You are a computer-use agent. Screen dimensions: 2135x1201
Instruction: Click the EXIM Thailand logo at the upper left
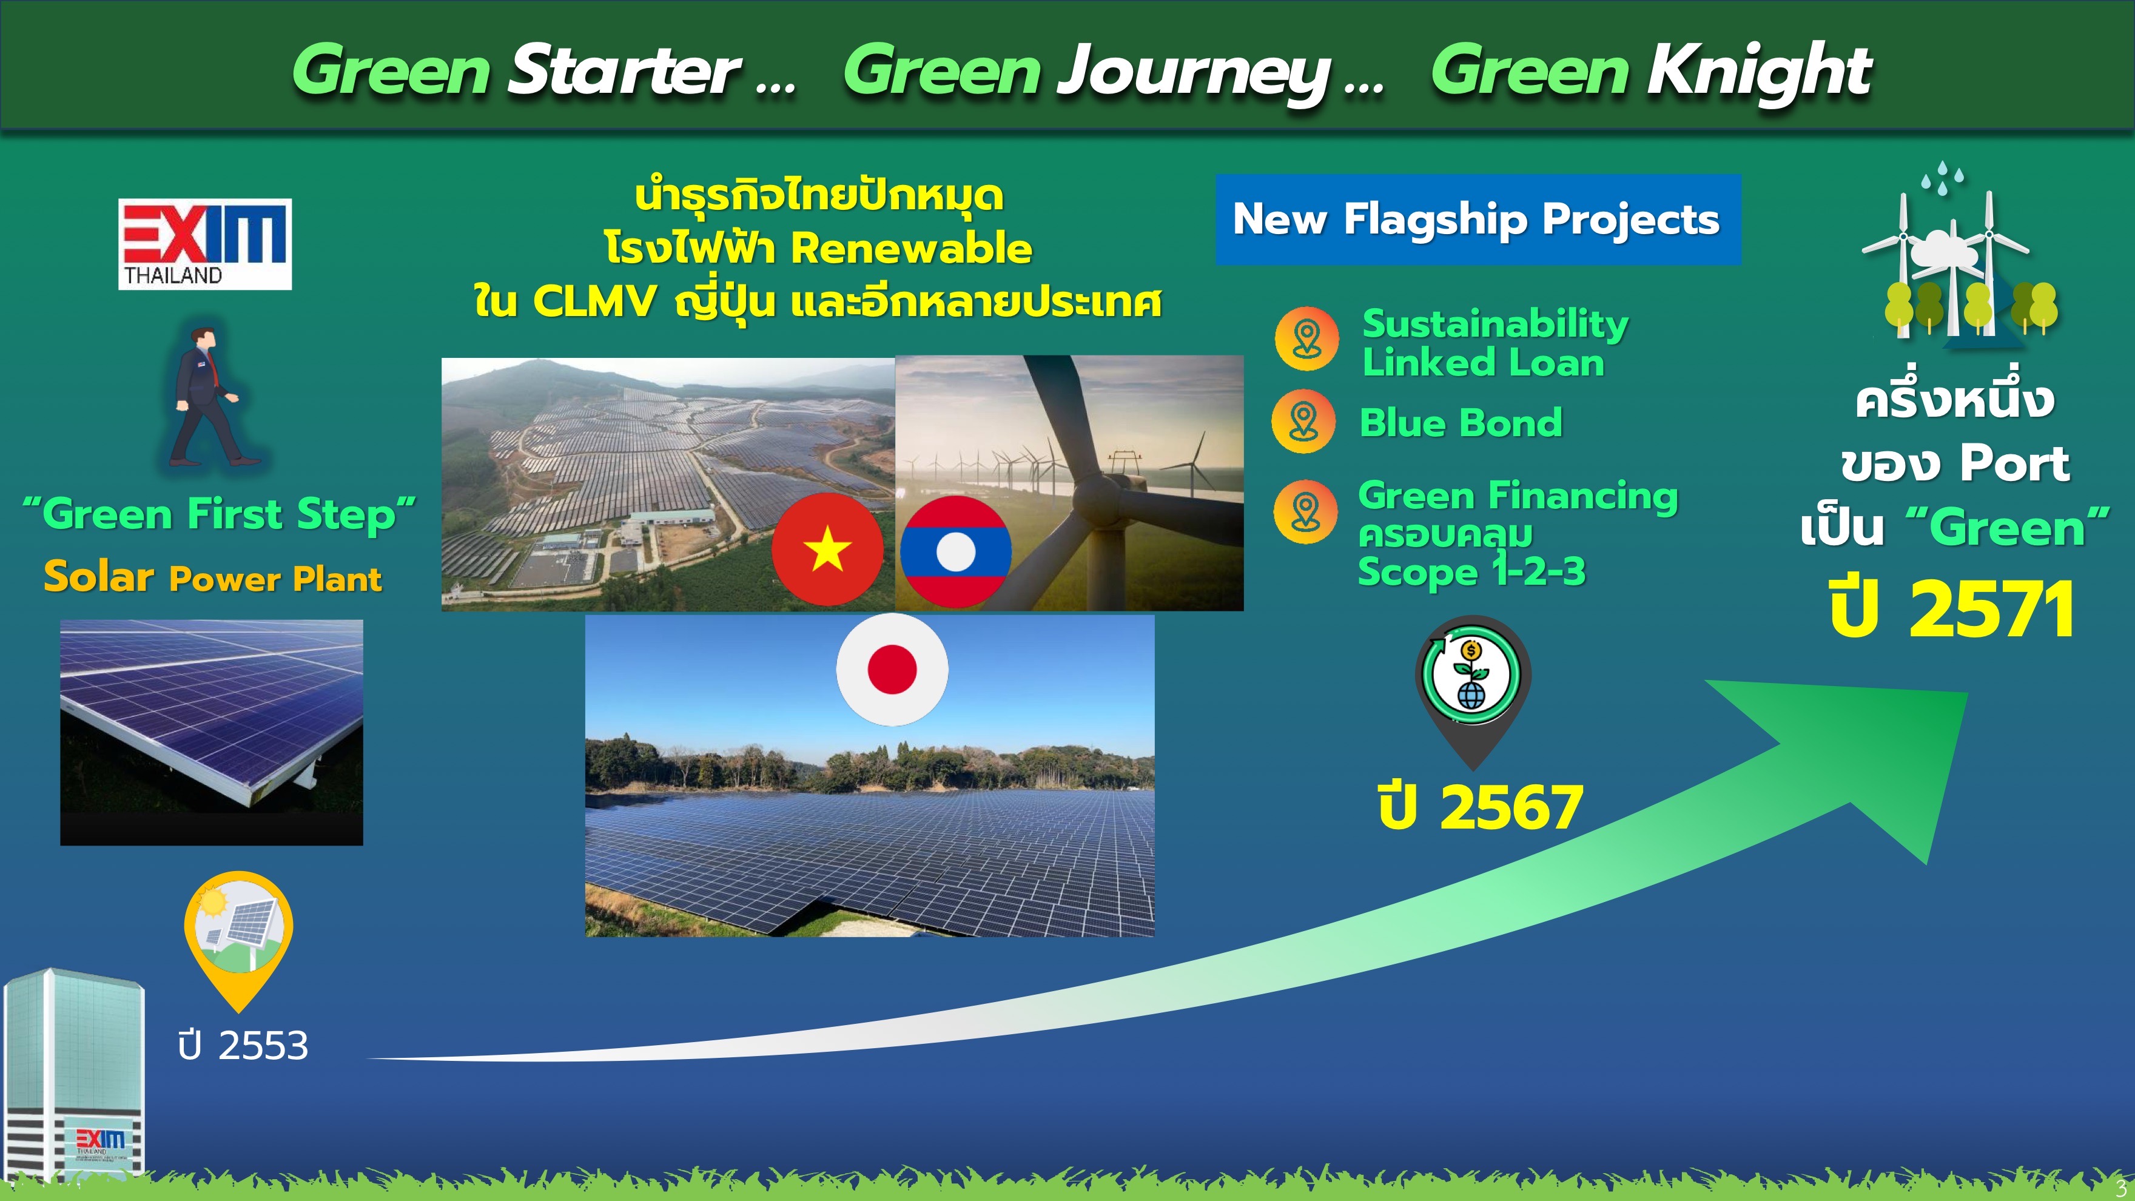pyautogui.click(x=205, y=244)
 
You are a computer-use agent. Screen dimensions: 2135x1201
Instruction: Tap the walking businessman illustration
pyautogui.click(x=207, y=395)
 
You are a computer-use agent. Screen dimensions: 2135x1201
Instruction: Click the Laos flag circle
pyautogui.click(x=956, y=551)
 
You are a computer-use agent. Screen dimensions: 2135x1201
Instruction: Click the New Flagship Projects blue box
pyautogui.click(x=1478, y=220)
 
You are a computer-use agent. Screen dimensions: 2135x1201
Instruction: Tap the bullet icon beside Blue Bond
pyautogui.click(x=1303, y=421)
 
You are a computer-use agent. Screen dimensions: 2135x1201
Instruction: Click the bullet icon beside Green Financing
pyautogui.click(x=1305, y=512)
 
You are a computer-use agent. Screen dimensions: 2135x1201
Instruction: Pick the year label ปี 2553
pyautogui.click(x=243, y=1046)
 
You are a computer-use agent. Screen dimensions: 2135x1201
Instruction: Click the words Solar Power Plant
pyautogui.click(x=213, y=577)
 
